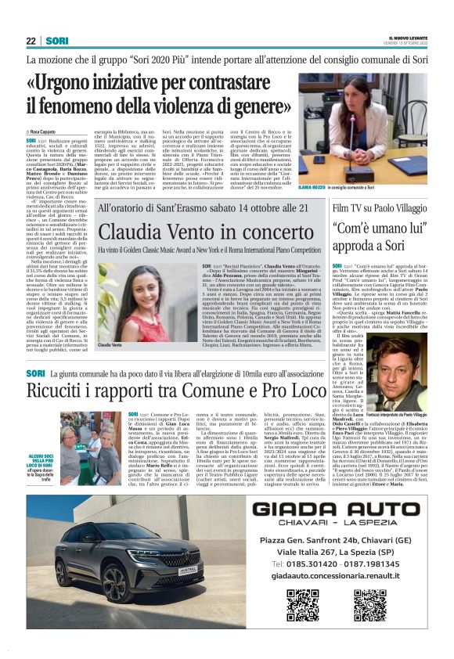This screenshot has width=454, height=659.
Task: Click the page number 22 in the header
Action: pyautogui.click(x=31, y=41)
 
